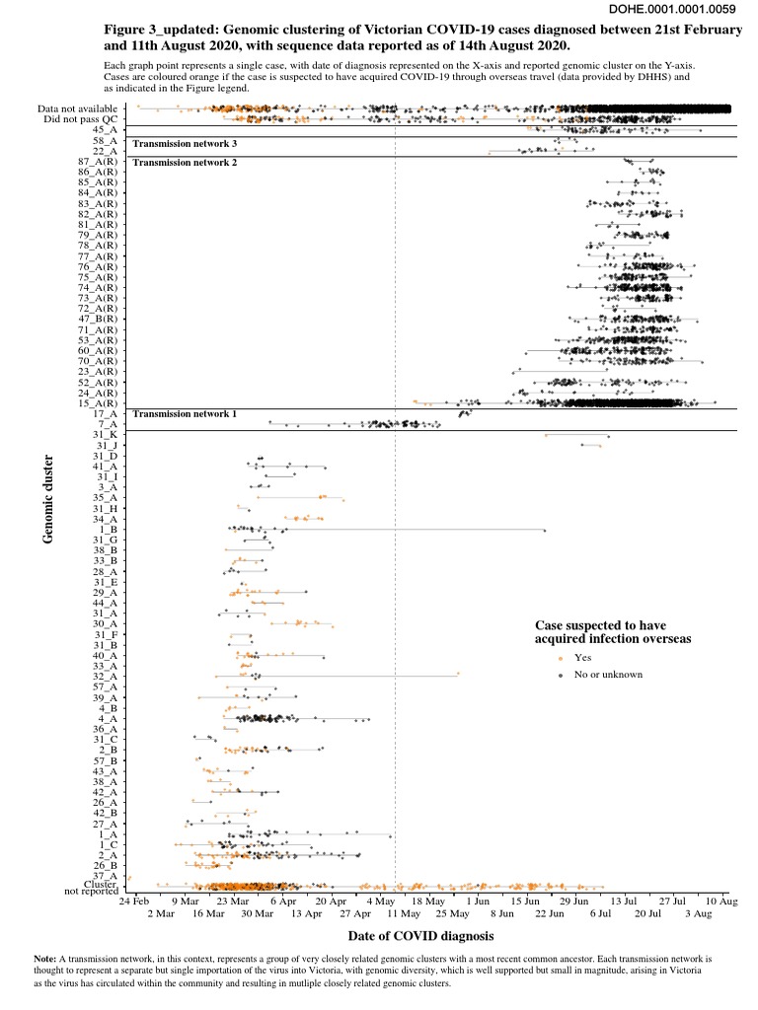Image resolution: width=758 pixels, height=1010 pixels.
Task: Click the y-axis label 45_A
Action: (105, 129)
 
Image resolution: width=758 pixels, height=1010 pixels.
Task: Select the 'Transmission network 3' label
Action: (187, 144)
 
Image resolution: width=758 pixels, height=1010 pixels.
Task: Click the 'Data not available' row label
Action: (77, 108)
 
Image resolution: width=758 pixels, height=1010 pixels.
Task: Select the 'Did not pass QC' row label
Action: (81, 119)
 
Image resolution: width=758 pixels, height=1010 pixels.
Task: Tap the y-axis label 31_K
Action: (105, 435)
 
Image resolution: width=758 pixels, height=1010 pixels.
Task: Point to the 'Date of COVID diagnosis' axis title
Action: (420, 935)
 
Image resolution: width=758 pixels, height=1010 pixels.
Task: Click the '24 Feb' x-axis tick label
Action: (135, 902)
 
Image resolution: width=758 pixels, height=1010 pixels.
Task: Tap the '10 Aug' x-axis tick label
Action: (722, 902)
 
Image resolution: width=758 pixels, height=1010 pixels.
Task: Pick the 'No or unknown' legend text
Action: (608, 675)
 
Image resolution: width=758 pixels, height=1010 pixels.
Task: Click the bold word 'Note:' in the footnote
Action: (45, 958)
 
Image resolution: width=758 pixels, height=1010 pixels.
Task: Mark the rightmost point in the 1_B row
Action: (544, 531)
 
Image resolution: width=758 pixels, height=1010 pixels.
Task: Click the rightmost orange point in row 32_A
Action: (458, 675)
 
